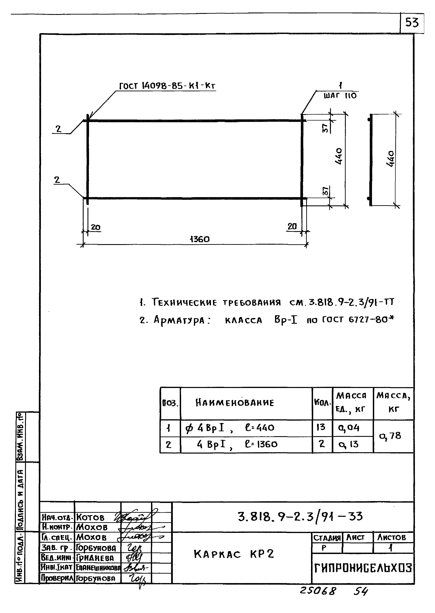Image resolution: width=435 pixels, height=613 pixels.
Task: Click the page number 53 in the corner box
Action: click(412, 22)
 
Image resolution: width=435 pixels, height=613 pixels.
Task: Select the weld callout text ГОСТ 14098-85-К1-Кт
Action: click(167, 86)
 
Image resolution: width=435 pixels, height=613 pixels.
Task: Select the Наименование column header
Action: click(235, 403)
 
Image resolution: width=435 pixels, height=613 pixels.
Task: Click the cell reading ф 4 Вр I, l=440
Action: click(230, 428)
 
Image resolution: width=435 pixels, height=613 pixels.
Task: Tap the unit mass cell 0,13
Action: click(348, 444)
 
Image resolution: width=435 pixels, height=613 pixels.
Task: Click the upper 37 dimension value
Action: click(325, 129)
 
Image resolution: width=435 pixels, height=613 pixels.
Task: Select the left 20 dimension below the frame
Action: click(95, 227)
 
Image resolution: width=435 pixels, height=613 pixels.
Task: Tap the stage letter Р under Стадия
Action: click(324, 548)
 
